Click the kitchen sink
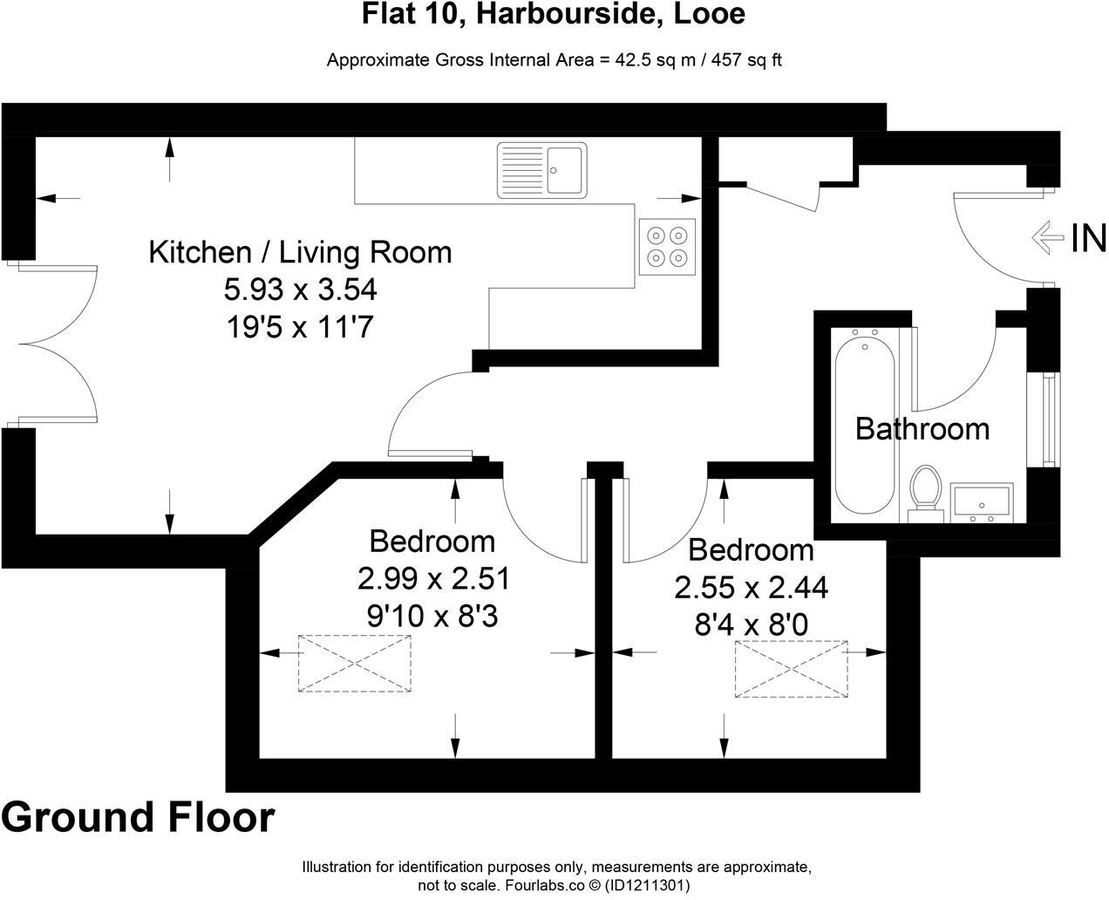click(541, 170)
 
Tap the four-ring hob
click(667, 246)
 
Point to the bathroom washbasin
click(981, 502)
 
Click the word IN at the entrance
click(1088, 238)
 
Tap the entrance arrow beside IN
click(1046, 237)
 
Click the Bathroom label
click(922, 428)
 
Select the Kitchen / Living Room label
click(300, 252)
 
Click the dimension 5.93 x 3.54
click(300, 290)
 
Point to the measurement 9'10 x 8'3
click(432, 617)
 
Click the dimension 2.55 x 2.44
click(751, 588)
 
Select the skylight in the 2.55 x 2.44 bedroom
click(791, 669)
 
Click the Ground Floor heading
click(138, 817)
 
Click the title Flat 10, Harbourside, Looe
click(554, 15)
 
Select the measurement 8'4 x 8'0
click(751, 625)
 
